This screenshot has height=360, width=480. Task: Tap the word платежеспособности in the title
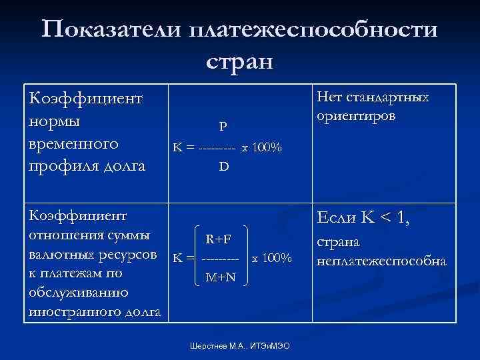(x=314, y=31)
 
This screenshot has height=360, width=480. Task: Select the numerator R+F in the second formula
(x=218, y=239)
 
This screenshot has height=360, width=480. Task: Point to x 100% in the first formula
(x=262, y=147)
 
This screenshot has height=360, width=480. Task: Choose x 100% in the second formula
(x=271, y=258)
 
